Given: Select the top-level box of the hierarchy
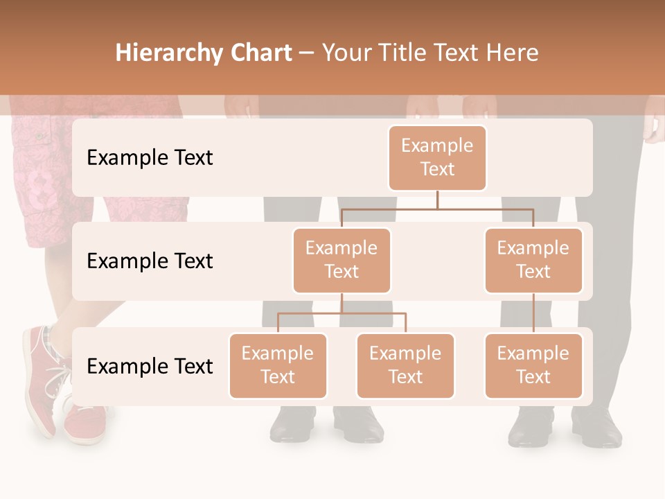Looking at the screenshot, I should (x=437, y=157).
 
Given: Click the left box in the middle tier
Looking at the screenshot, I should (x=342, y=260).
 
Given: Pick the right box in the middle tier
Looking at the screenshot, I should (x=533, y=260).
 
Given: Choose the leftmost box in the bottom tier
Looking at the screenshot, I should (x=278, y=365).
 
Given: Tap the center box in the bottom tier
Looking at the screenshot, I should (x=405, y=365).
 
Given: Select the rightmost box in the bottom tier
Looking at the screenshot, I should (x=533, y=365).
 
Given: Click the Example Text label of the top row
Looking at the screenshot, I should (x=150, y=158).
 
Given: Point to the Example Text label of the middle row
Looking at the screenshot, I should (x=150, y=261).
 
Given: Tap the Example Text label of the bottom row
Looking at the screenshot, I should (x=150, y=366).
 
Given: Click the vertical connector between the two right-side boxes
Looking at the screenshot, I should (x=533, y=313).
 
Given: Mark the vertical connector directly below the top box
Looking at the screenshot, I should (x=437, y=200).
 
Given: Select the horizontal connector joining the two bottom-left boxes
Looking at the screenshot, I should (x=342, y=313).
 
